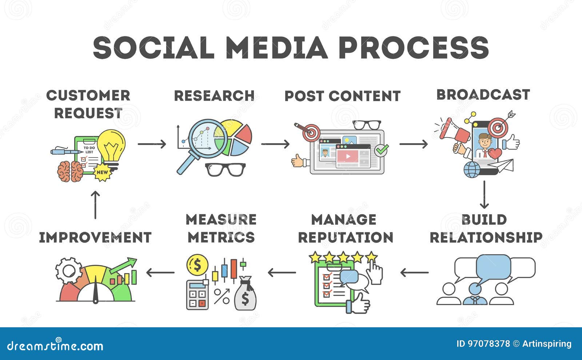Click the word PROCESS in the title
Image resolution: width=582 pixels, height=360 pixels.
click(414, 48)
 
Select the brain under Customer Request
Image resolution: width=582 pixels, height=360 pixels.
click(70, 171)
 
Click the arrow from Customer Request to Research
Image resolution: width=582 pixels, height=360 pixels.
click(152, 144)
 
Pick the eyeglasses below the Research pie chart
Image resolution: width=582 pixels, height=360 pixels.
click(225, 169)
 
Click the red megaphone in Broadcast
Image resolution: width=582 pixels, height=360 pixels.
click(454, 132)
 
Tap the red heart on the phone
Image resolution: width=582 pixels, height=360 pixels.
click(495, 153)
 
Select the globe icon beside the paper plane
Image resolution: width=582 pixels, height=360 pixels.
click(472, 169)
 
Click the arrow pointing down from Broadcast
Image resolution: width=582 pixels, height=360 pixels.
click(484, 195)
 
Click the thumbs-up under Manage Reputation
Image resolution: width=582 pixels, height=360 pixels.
click(358, 303)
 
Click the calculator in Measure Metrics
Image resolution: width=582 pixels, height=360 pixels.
click(198, 295)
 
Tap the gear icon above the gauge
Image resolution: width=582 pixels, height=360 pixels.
click(69, 271)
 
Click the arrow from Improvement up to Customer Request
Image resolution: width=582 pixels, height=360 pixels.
click(95, 205)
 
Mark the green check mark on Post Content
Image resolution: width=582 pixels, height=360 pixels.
click(382, 150)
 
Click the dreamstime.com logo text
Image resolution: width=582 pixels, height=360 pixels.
click(55, 345)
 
